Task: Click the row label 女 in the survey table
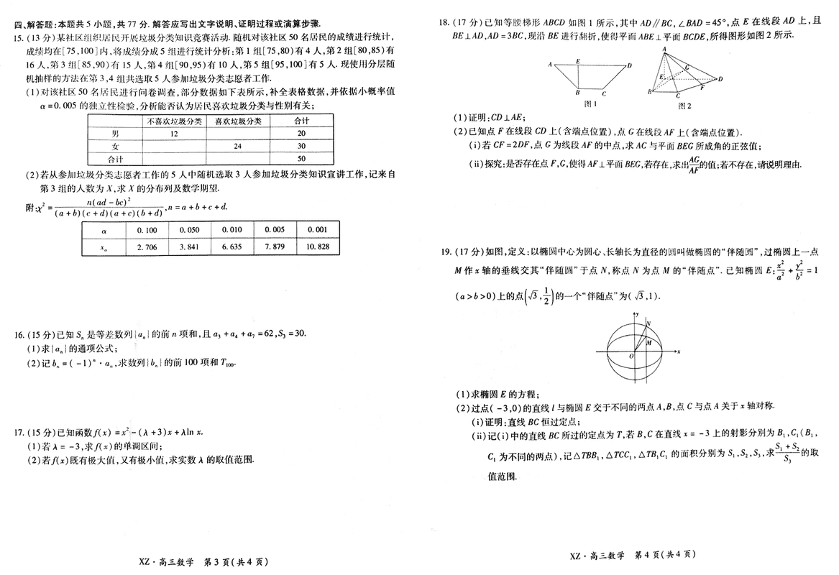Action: (115, 146)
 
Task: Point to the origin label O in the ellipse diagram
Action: (631, 356)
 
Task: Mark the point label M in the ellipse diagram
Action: (648, 343)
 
